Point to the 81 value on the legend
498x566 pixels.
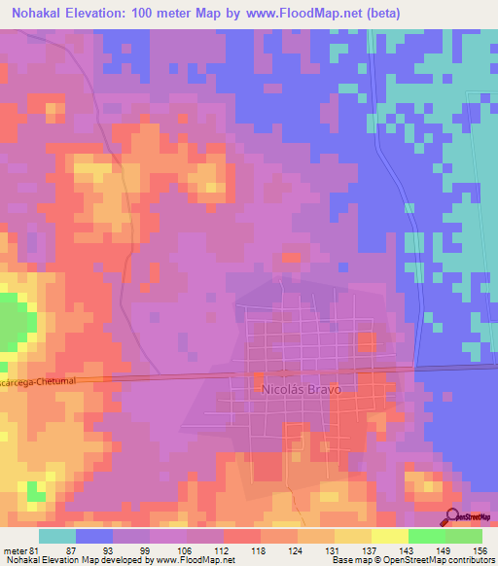[37, 550]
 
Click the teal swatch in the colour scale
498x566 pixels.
[57, 536]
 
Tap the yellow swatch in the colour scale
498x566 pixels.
[390, 536]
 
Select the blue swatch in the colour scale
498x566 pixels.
[94, 536]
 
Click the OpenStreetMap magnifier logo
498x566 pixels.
[453, 515]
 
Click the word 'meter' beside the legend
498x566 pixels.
[15, 550]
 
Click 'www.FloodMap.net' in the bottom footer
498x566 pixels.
[186, 560]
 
